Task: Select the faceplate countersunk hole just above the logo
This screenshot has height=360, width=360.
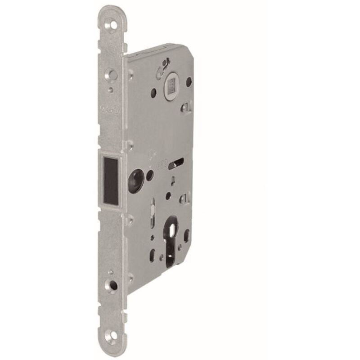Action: point(110,72)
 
